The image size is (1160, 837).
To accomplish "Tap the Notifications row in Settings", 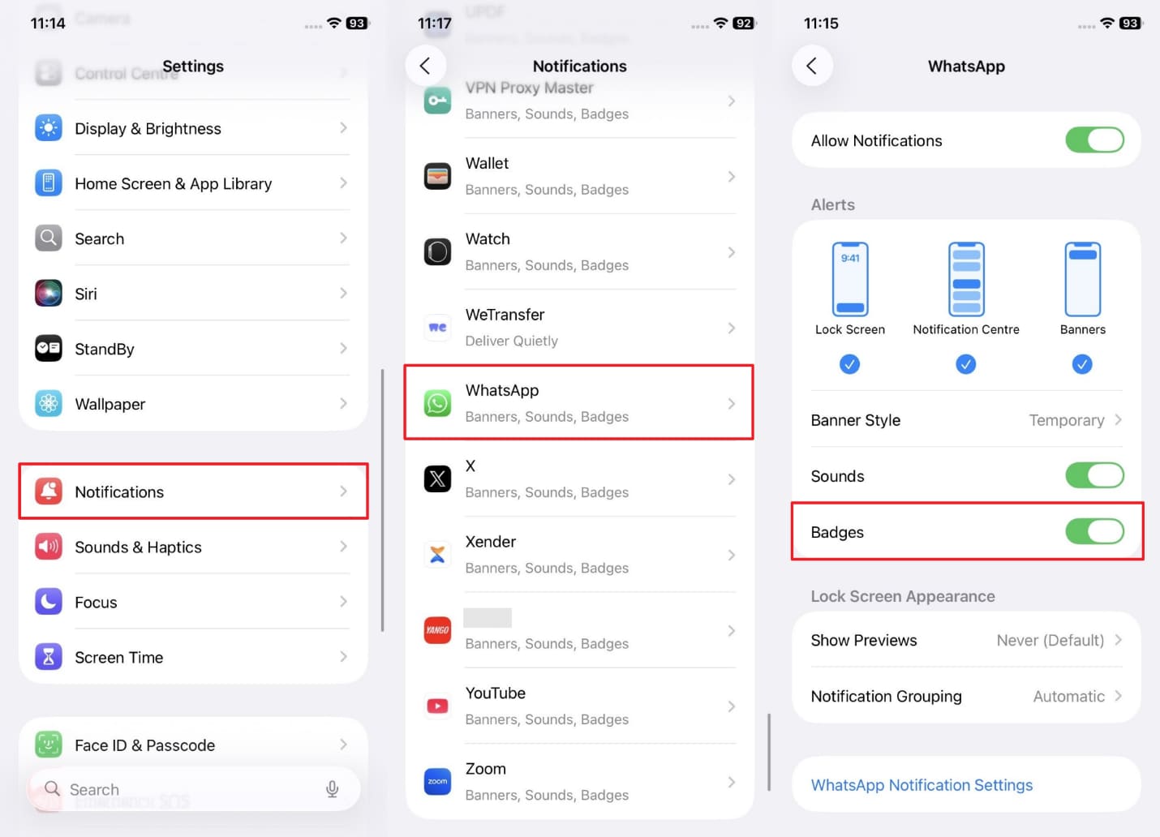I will pos(193,491).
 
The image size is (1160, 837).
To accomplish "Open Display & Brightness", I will pos(193,128).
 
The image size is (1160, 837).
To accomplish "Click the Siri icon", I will pos(49,294).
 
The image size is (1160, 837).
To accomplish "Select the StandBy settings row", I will pos(193,349).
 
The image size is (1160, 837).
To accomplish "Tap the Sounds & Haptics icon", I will pos(49,547).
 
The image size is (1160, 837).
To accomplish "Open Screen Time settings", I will pos(193,657).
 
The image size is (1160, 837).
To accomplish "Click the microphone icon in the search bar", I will pos(332,789).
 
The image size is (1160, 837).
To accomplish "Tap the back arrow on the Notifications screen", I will pos(425,66).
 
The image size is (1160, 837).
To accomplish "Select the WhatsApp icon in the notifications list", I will pos(438,403).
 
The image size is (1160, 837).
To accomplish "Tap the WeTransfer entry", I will pos(579,327).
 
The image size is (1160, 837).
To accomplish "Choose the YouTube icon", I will pos(438,706).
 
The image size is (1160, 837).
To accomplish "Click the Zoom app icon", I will pos(438,782).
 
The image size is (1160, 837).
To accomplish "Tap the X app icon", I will pos(438,479).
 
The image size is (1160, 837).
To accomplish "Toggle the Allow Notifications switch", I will pos(1093,140).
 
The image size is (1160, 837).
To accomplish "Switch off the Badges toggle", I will pos(1093,532).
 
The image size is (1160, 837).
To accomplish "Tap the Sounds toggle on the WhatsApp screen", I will pos(1093,476).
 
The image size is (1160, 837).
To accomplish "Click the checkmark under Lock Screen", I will pos(849,364).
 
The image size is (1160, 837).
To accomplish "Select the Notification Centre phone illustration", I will pos(966,279).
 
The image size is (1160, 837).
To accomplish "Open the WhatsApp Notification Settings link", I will pos(922,785).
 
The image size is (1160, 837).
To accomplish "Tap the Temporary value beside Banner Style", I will pos(1067,420).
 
